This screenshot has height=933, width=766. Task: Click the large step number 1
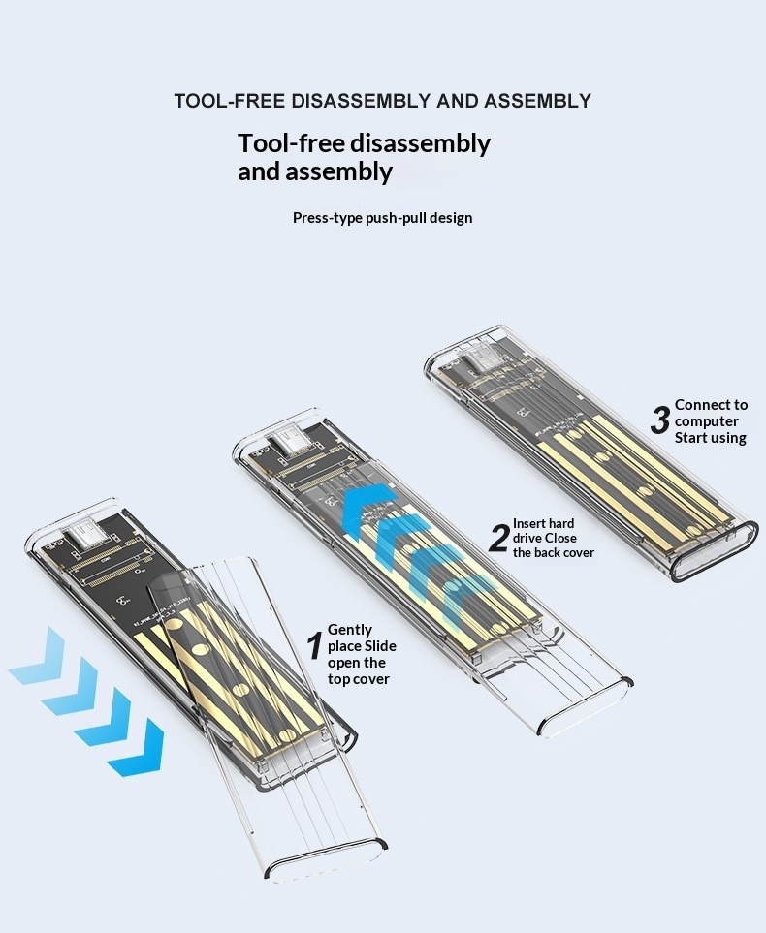[315, 646]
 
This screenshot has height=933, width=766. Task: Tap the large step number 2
[498, 538]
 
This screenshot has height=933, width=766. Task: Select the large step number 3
[660, 420]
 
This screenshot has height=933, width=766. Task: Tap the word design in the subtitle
[451, 218]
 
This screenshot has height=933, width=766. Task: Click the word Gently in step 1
[350, 630]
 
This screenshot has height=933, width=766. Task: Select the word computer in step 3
[707, 421]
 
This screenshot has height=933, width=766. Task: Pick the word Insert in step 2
[529, 523]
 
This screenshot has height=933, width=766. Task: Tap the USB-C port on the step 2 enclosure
[291, 445]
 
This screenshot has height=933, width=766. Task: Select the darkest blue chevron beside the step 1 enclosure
[138, 747]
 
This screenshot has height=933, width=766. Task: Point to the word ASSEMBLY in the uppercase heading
[537, 101]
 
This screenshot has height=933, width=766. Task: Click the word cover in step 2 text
[577, 553]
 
